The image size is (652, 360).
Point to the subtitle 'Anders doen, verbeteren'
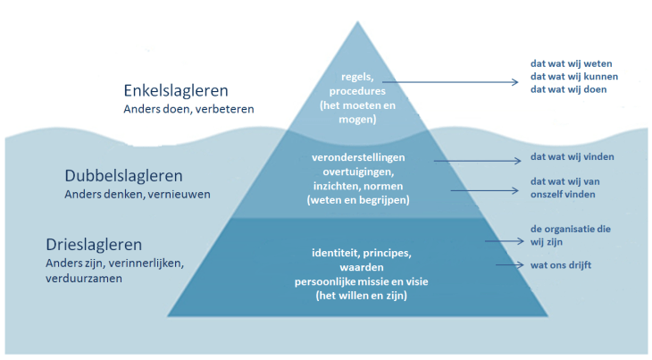188,109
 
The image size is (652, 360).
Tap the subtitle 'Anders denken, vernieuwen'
138,193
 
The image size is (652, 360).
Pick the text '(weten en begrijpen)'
357,201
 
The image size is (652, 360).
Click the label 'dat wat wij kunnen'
575,76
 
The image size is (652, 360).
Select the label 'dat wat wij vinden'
573,157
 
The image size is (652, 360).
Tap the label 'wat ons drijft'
560,264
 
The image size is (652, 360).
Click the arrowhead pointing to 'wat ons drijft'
521,265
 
